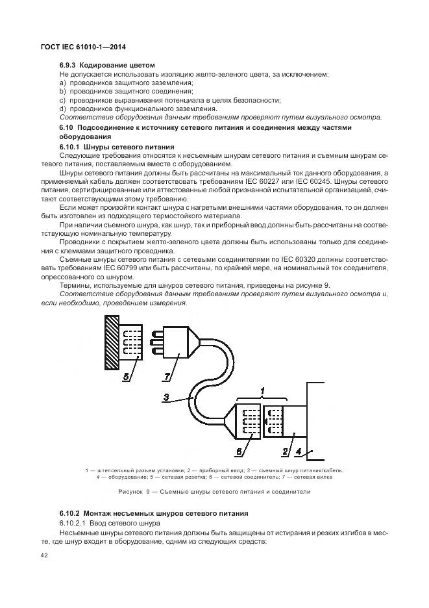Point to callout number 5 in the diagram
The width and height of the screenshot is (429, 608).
point(129,375)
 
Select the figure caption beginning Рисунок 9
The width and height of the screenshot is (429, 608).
point(214,492)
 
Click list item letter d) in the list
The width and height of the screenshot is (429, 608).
point(63,108)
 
